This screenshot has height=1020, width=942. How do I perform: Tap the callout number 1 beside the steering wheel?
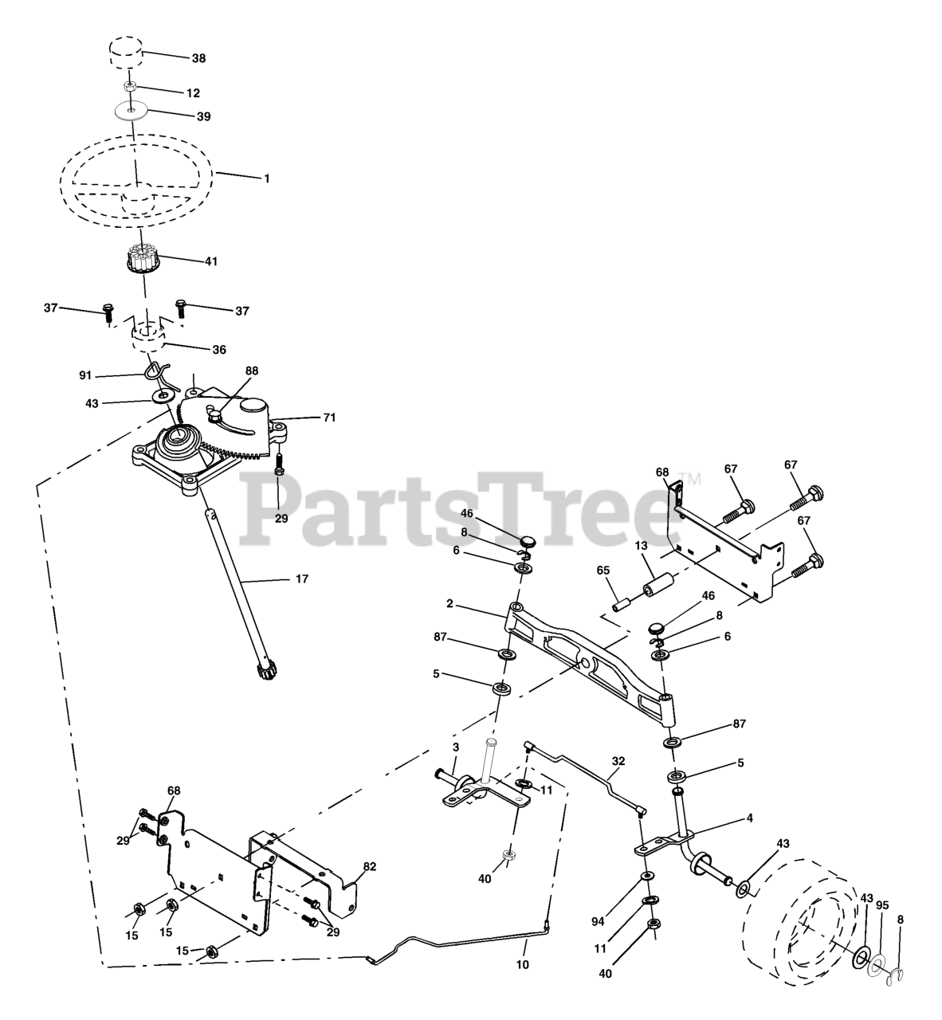tap(267, 178)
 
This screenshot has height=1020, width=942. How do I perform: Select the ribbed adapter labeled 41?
tap(140, 261)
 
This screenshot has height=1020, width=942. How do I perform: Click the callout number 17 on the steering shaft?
tap(301, 579)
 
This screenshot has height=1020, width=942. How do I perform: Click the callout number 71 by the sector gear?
tap(329, 417)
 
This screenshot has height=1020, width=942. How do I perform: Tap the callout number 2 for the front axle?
tap(450, 604)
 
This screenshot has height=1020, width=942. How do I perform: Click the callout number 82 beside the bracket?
tap(370, 867)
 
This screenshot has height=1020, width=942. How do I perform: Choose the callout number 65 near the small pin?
tap(603, 571)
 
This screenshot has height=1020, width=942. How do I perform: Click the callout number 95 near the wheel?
tap(881, 904)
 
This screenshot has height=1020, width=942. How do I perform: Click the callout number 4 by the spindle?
tap(749, 818)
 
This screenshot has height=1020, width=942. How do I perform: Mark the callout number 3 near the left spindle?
tap(456, 747)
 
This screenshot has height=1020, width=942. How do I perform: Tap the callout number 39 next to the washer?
tap(203, 116)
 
